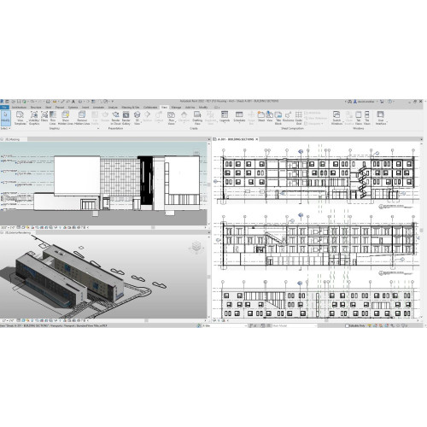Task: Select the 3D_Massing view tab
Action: click(15, 137)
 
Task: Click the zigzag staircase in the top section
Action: click(364, 178)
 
